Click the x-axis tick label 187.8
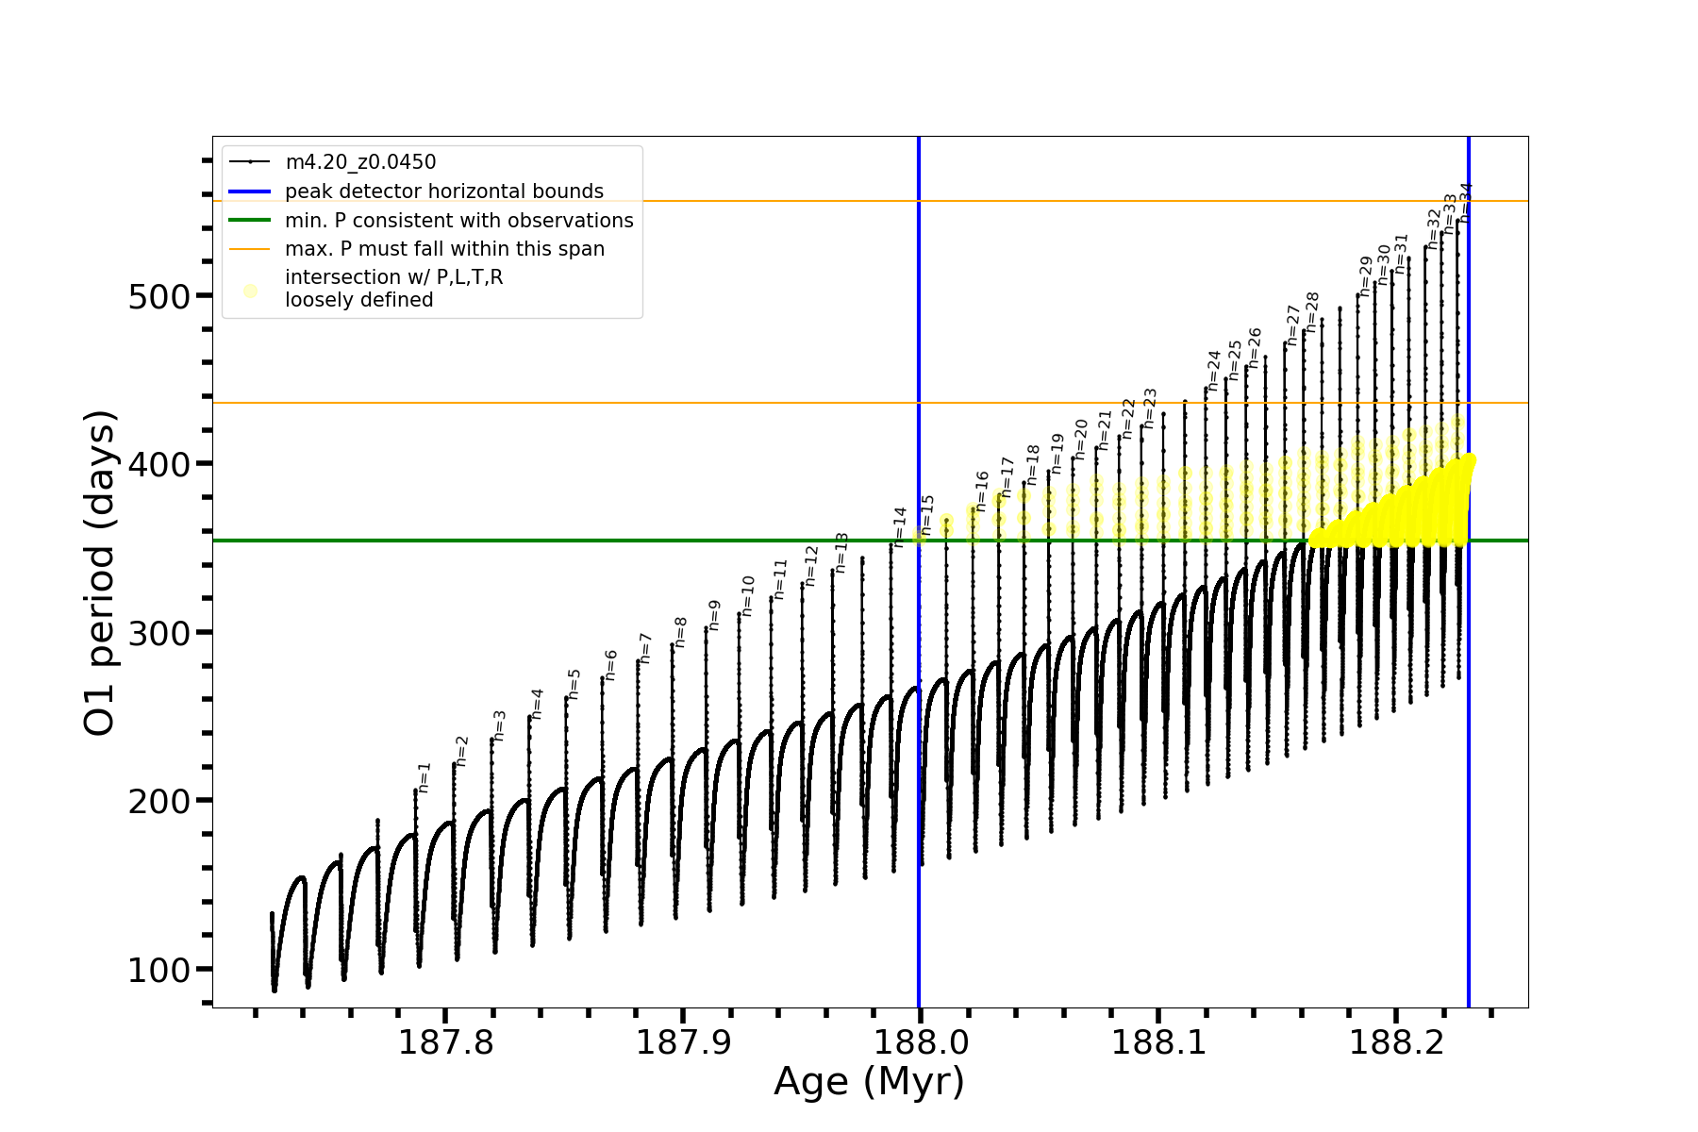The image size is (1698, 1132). pyautogui.click(x=445, y=1042)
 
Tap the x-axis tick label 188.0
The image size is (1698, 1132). pyautogui.click(x=921, y=1042)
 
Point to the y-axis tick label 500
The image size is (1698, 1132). pyautogui.click(x=158, y=296)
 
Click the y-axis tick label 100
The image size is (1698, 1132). pyautogui.click(x=158, y=970)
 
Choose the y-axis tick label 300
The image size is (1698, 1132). pyautogui.click(x=158, y=633)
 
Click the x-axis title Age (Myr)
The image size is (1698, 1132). pyautogui.click(x=869, y=1082)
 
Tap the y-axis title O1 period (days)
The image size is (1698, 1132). pyautogui.click(x=100, y=573)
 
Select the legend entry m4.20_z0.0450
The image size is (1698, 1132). pyautogui.click(x=360, y=162)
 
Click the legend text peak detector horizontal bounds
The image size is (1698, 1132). pyautogui.click(x=444, y=191)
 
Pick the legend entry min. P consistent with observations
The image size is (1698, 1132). pyautogui.click(x=459, y=221)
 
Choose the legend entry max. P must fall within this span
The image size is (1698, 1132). pyautogui.click(x=444, y=249)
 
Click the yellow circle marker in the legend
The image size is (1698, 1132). pyautogui.click(x=250, y=291)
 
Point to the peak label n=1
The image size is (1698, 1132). pyautogui.click(x=424, y=777)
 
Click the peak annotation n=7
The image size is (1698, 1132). pyautogui.click(x=646, y=648)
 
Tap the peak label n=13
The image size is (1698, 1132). pyautogui.click(x=841, y=552)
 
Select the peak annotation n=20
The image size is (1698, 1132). pyautogui.click(x=1081, y=439)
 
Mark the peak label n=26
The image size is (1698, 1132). pyautogui.click(x=1255, y=347)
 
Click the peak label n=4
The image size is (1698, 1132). pyautogui.click(x=537, y=704)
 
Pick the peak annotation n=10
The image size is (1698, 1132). pyautogui.click(x=748, y=596)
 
